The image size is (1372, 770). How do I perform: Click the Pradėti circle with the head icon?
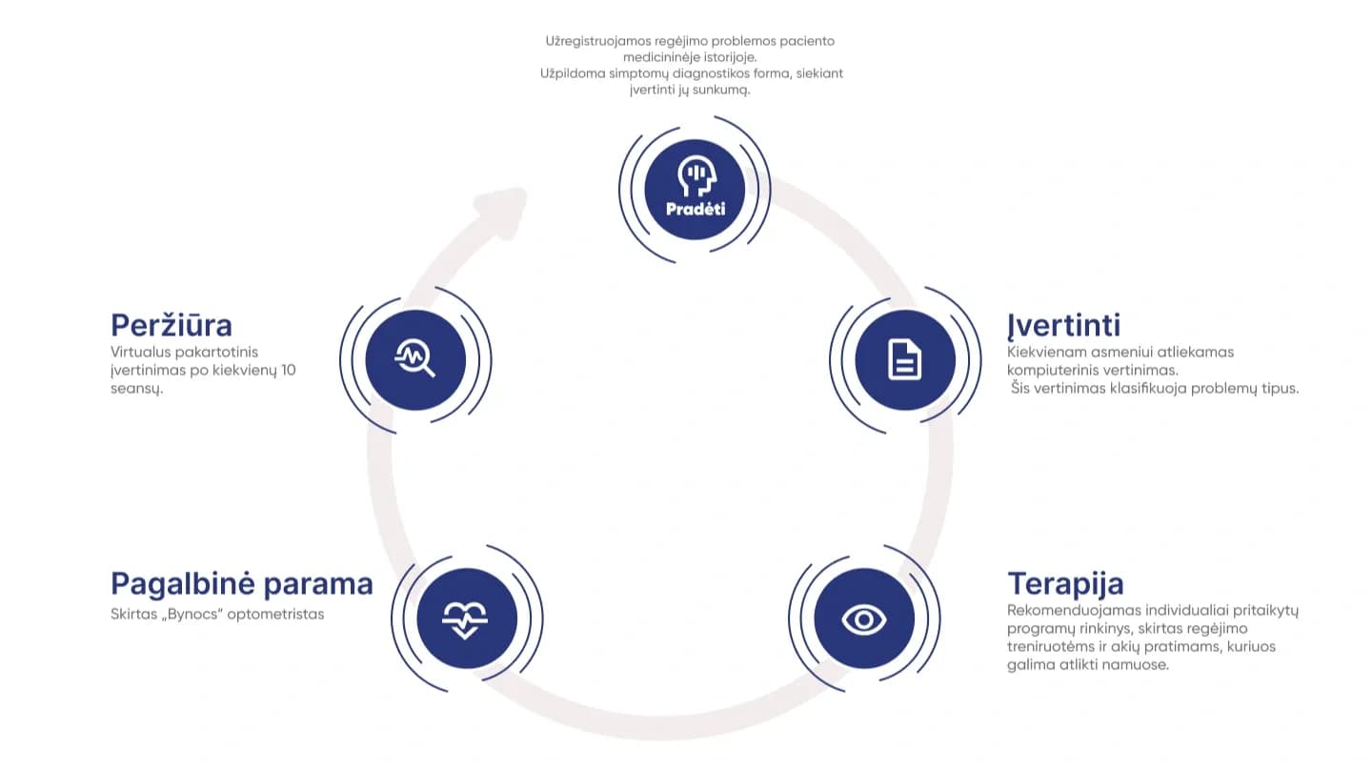tap(695, 189)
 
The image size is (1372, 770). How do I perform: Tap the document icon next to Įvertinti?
tap(904, 360)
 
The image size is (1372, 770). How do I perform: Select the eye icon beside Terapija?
tap(864, 619)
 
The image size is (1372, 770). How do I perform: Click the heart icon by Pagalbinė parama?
tap(466, 619)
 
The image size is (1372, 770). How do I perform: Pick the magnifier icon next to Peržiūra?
tap(415, 359)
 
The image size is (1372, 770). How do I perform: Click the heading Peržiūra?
tap(171, 325)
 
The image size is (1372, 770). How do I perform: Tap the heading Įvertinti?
tap(1063, 325)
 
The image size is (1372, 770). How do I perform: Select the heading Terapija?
tap(1065, 583)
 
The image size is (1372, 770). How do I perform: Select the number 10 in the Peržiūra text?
tap(287, 370)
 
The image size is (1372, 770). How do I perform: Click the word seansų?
tap(137, 388)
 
